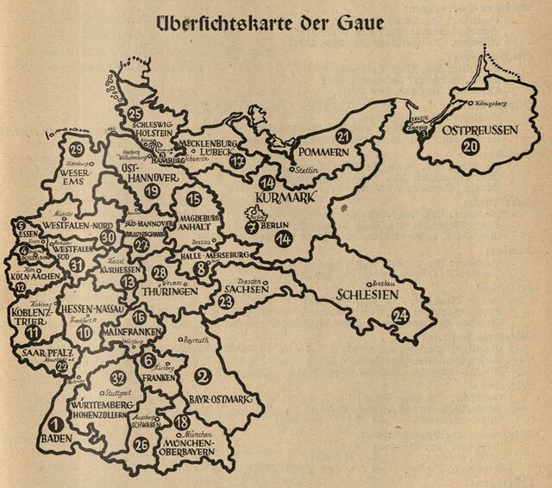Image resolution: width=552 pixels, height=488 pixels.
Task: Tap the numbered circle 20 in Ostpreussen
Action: (x=471, y=147)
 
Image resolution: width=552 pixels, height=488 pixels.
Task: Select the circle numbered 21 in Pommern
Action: (x=343, y=135)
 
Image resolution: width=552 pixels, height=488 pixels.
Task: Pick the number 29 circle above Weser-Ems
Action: (x=76, y=147)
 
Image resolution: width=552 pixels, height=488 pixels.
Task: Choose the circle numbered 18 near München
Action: (x=181, y=422)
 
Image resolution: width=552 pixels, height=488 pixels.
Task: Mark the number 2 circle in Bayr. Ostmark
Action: (x=202, y=374)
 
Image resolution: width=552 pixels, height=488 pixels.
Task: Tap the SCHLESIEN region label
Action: (x=366, y=296)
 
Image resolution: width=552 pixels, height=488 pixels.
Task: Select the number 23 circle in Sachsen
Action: (x=226, y=302)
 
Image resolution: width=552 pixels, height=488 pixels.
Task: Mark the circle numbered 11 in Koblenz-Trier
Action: (x=33, y=331)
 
